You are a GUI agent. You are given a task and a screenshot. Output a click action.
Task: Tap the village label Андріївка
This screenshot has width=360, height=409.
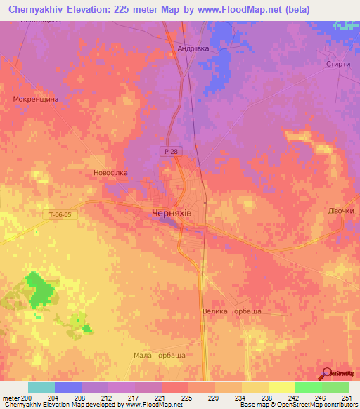tap(193, 49)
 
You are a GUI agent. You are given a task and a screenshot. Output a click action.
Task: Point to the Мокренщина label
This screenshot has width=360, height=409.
tap(35, 100)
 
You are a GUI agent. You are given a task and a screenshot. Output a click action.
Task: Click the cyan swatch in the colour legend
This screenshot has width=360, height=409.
tap(41, 387)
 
